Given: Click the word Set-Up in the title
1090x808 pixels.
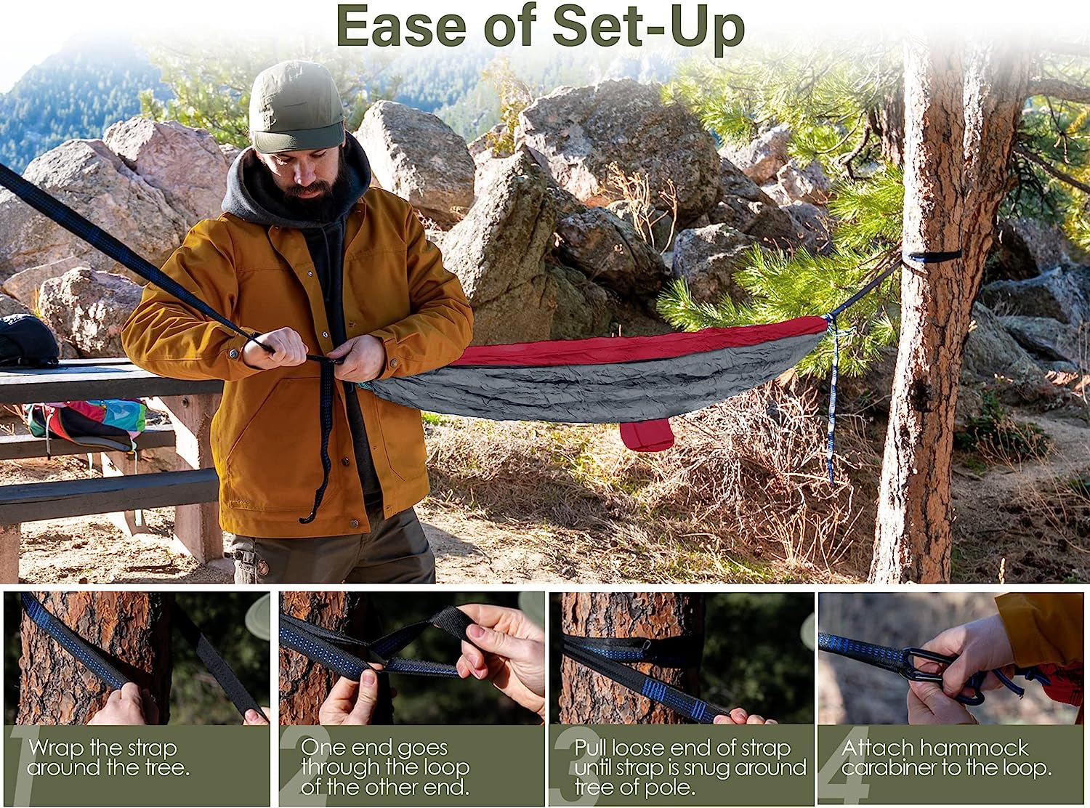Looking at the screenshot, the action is tap(648, 27).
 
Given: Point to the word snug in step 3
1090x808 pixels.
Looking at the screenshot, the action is tap(706, 767).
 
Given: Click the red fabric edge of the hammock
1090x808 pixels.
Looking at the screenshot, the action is tap(639, 344).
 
